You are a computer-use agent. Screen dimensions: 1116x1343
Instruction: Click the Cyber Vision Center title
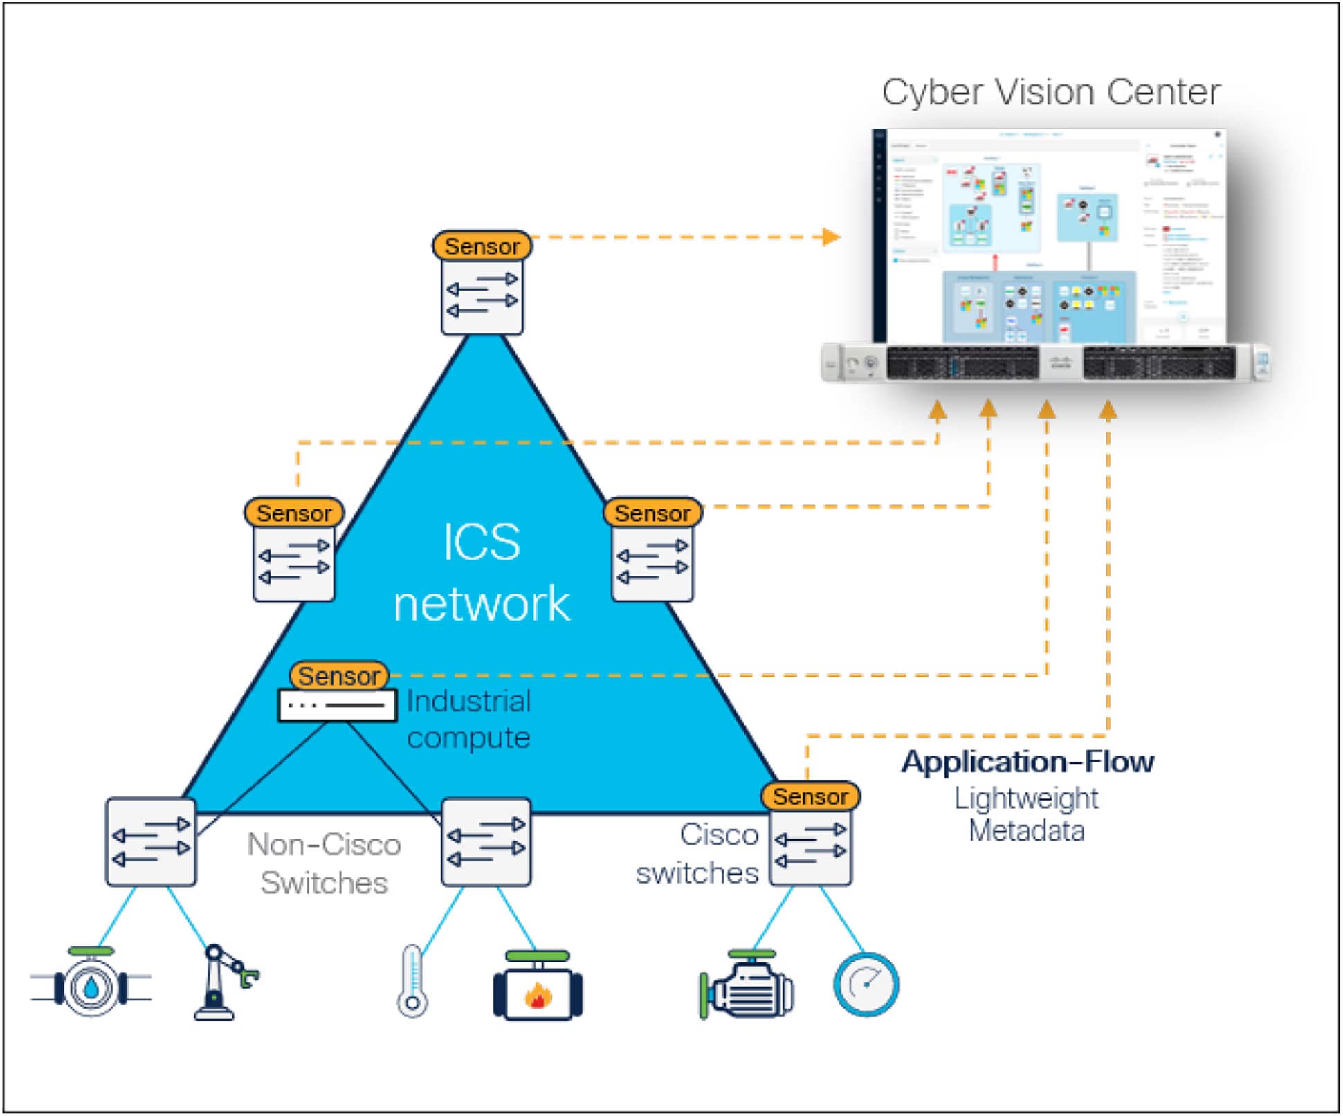click(1050, 92)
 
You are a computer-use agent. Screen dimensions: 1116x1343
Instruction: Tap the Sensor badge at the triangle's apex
click(482, 246)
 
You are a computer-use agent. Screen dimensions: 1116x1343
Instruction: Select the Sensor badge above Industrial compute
click(338, 675)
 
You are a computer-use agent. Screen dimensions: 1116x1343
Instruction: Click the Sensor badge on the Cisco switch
click(810, 796)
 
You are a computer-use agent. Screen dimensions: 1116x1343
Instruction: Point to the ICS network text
click(482, 572)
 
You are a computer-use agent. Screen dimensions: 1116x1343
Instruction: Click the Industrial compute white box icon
click(337, 706)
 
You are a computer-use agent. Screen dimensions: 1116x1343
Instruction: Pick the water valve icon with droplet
click(91, 986)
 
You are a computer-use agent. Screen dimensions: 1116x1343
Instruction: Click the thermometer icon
click(412, 981)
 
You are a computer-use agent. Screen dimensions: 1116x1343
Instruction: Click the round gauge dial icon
click(866, 985)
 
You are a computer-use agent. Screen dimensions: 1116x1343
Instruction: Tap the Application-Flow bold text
click(1027, 762)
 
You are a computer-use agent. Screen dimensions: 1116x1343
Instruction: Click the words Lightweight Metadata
click(1026, 814)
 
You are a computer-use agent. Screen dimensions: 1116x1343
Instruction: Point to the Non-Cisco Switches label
click(324, 863)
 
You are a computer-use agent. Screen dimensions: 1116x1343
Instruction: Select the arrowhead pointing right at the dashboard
click(831, 237)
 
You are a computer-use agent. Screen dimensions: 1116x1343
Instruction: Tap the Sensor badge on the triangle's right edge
click(652, 513)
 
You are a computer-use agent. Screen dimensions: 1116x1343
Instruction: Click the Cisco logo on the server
click(1061, 362)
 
